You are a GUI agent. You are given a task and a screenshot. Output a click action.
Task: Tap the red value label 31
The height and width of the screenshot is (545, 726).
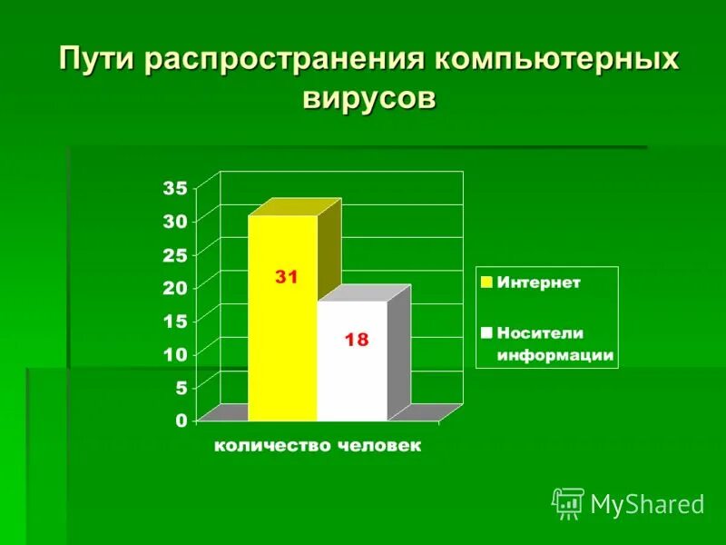tap(287, 278)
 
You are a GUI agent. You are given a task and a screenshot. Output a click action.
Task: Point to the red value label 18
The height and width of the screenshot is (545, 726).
tap(356, 340)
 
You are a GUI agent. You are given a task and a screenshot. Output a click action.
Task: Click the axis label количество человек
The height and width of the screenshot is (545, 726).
tap(318, 446)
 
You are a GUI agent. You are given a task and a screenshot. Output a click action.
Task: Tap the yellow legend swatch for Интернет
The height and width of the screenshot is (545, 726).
tap(486, 282)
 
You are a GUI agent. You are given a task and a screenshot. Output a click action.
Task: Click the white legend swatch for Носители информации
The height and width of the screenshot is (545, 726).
tap(486, 332)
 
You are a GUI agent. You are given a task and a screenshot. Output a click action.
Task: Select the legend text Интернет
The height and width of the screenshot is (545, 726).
tap(538, 282)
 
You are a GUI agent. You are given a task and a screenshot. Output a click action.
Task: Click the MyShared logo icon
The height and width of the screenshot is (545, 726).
tap(568, 502)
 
